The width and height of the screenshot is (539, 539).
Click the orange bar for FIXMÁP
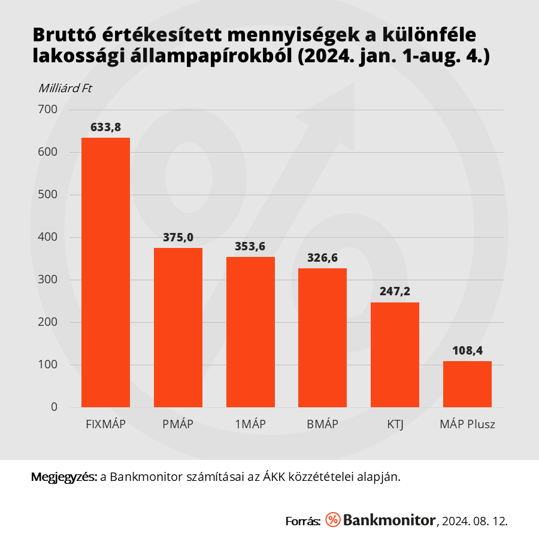tap(105, 272)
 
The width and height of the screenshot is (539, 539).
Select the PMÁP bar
tap(178, 328)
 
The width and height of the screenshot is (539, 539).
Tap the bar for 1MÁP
tap(250, 332)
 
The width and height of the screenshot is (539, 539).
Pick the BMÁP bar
tap(322, 338)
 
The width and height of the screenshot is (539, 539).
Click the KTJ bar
tap(395, 355)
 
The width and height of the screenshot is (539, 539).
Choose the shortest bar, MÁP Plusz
tap(467, 384)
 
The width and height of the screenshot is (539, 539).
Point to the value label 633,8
tap(105, 127)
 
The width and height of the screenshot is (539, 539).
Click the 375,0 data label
tap(178, 238)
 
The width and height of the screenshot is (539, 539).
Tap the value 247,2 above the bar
tap(395, 292)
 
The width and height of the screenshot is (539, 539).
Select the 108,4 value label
tap(467, 351)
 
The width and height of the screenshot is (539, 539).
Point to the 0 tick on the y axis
tap(54, 407)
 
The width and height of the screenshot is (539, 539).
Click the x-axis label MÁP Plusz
tap(467, 425)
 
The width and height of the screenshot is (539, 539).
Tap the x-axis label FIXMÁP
tap(105, 425)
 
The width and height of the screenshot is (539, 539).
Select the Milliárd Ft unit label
tap(65, 89)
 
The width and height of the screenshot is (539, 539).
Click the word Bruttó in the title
tap(65, 35)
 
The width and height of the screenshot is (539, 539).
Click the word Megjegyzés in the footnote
tap(63, 477)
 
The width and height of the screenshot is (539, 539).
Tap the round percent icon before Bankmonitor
tap(333, 520)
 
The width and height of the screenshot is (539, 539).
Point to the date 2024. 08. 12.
tap(475, 520)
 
